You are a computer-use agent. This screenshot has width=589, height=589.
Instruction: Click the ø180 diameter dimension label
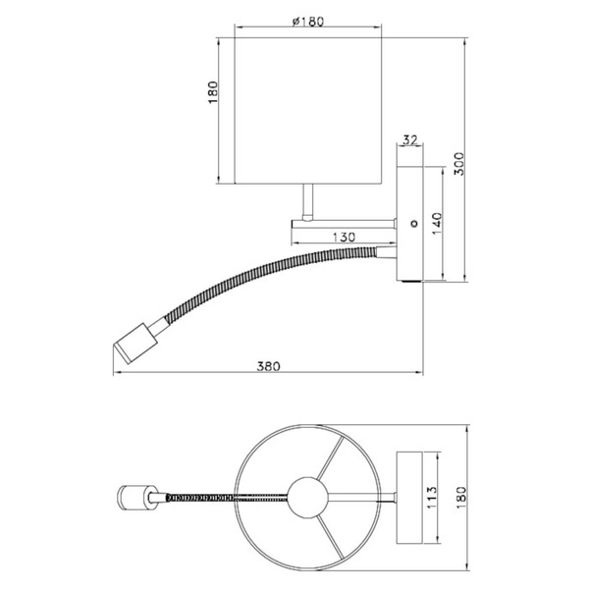pos(307,22)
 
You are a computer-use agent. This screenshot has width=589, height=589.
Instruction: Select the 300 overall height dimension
pos(459,163)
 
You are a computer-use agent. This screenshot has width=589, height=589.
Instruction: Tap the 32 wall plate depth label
pos(410,140)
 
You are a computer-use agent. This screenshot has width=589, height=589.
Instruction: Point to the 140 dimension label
pos(437,224)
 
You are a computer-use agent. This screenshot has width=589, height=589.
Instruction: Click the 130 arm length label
pos(344,238)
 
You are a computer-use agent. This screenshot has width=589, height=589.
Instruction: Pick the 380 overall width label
pos(268,366)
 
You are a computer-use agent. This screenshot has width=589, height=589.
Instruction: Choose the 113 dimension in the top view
pos(432,498)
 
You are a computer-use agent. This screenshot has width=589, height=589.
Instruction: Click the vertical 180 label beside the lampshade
pos(213,92)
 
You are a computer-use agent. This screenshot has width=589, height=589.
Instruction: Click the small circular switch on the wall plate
pos(414,224)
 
